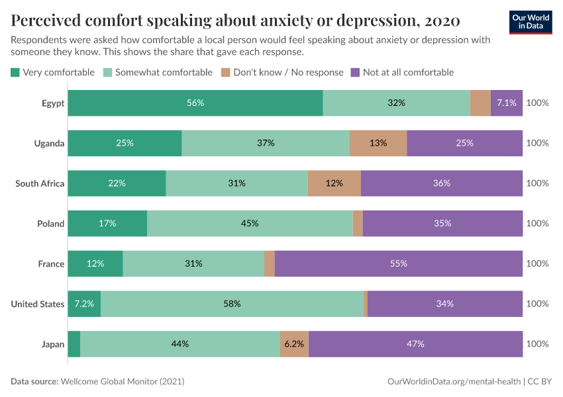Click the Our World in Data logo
531,22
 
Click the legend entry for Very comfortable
53,72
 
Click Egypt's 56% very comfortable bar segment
195,103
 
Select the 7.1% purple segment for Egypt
507,103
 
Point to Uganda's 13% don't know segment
378,143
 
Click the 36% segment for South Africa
442,183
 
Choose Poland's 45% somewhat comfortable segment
250,224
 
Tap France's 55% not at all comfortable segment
399,263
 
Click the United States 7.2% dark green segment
84,304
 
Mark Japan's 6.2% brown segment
294,344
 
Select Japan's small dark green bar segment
74,344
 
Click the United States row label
38,304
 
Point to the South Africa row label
40,183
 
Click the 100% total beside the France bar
537,263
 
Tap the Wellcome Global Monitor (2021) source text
122,382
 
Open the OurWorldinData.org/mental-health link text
453,382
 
